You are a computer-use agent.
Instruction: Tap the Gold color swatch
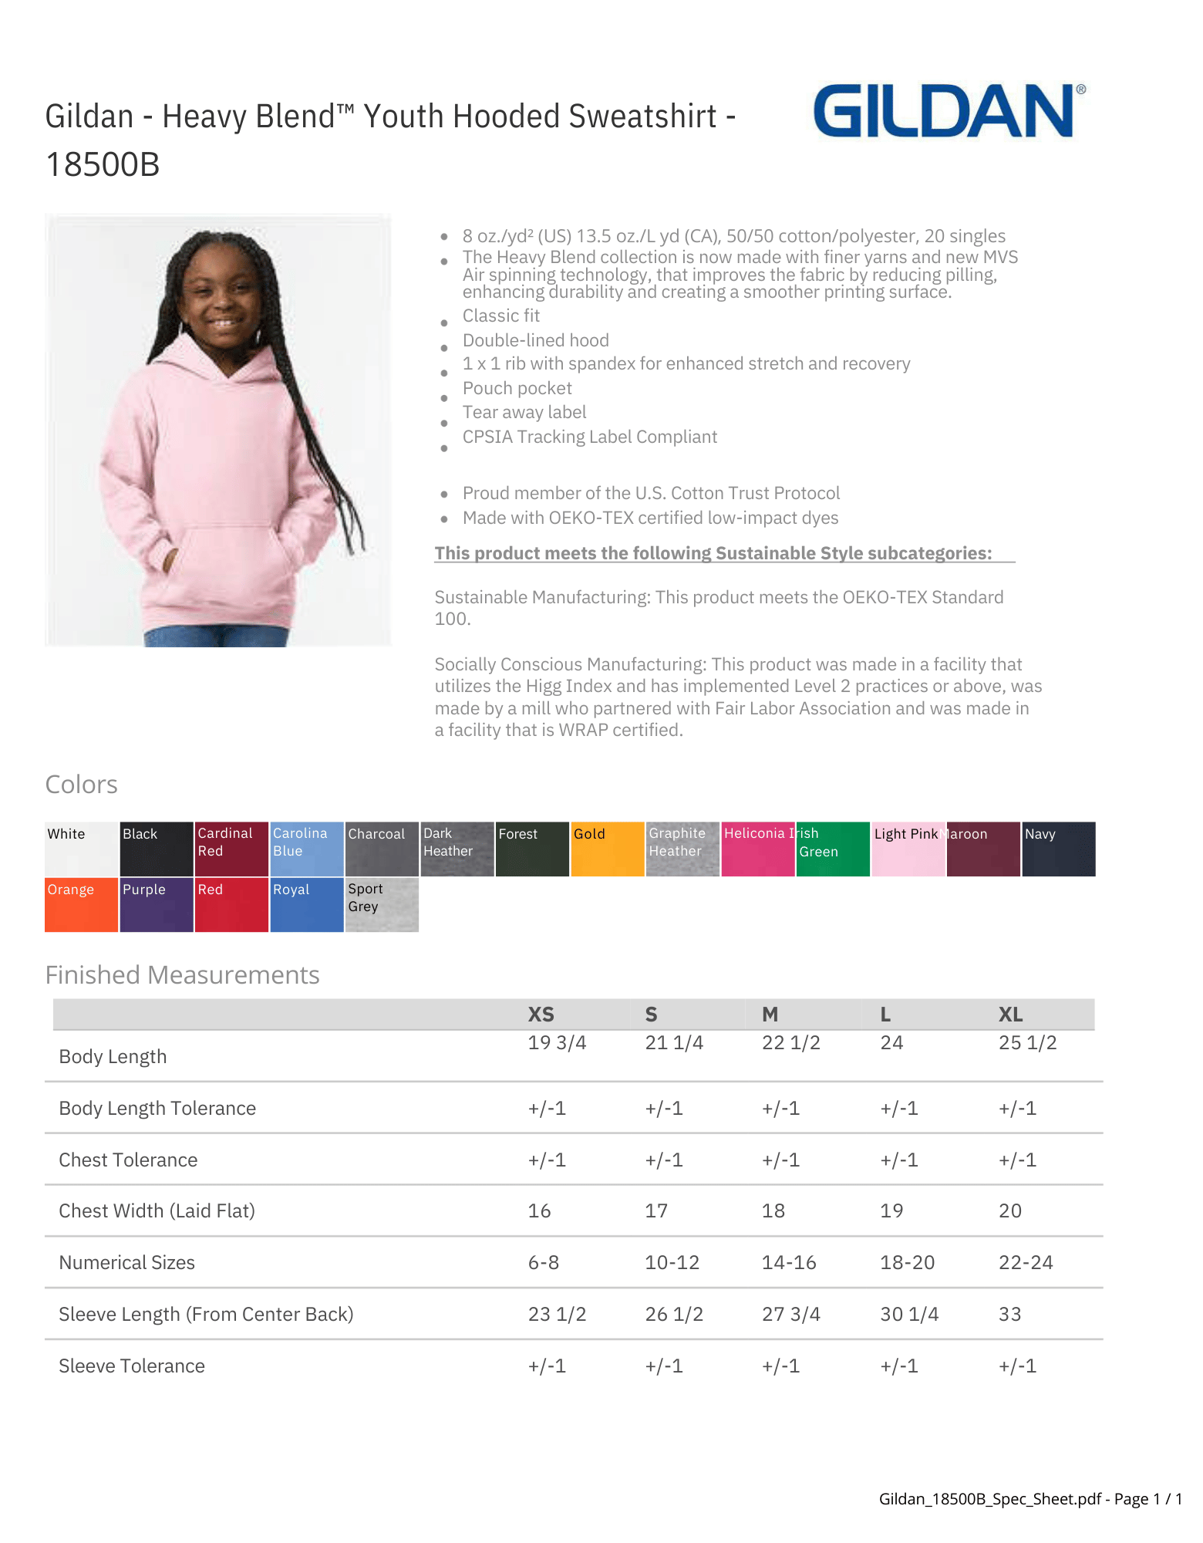[607, 849]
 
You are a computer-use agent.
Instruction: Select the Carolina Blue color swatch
[306, 849]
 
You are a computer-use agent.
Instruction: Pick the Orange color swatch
[81, 904]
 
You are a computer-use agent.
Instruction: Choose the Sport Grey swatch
[382, 904]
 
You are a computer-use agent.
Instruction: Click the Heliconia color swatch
[757, 849]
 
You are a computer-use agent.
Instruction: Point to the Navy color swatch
[1058, 849]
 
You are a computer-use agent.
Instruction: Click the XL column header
[1010, 1015]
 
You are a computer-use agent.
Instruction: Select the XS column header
[541, 1015]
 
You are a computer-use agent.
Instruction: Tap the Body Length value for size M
[790, 1043]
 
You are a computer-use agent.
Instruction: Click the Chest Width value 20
[1009, 1211]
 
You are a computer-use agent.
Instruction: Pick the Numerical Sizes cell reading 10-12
[672, 1263]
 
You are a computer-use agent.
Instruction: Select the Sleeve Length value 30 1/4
[909, 1315]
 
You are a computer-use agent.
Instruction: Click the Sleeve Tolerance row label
[132, 1366]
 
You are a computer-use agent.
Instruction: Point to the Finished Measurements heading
[182, 975]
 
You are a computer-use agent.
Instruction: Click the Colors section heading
[81, 785]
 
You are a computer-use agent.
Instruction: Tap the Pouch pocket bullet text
[517, 388]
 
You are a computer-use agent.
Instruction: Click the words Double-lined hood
[535, 340]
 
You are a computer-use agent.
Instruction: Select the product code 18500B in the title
[103, 164]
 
